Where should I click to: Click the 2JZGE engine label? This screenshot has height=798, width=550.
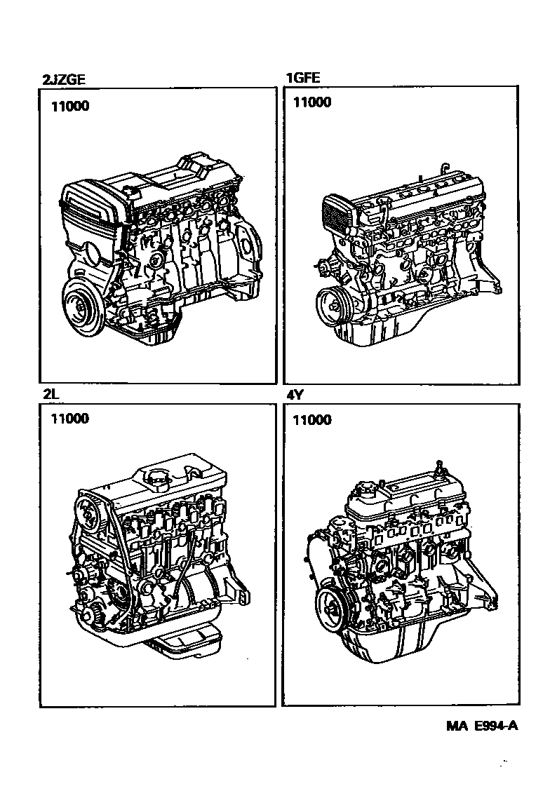[64, 79]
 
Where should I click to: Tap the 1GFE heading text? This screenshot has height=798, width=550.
[302, 77]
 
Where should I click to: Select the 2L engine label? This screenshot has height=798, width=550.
[48, 394]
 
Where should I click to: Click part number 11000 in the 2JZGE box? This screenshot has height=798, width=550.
[69, 106]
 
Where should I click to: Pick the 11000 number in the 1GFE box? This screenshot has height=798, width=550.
[312, 102]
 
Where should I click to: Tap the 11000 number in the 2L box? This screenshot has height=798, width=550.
[69, 419]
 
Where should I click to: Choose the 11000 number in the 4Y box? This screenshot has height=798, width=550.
[312, 419]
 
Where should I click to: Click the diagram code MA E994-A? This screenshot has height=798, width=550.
[482, 726]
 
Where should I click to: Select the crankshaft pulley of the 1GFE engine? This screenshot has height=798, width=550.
[333, 308]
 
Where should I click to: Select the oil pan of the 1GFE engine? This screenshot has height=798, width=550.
[377, 331]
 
